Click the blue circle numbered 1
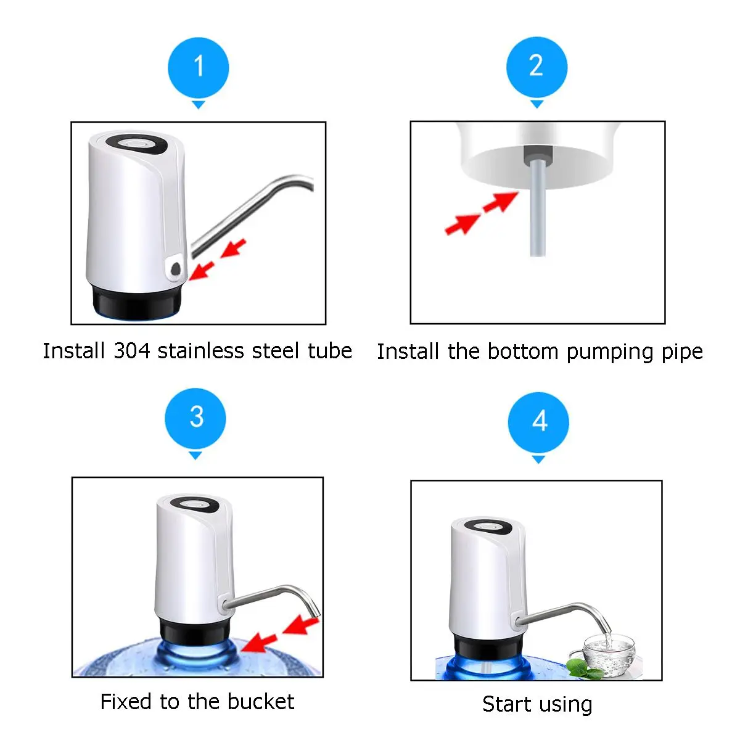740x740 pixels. tap(198, 68)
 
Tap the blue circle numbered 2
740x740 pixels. tap(536, 67)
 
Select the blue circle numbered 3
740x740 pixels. tap(195, 419)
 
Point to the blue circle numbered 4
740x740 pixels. tap(538, 422)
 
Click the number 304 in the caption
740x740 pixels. tap(132, 351)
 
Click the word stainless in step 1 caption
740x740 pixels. tap(201, 351)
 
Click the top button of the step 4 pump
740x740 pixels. tap(488, 527)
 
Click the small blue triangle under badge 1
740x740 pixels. tap(198, 105)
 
